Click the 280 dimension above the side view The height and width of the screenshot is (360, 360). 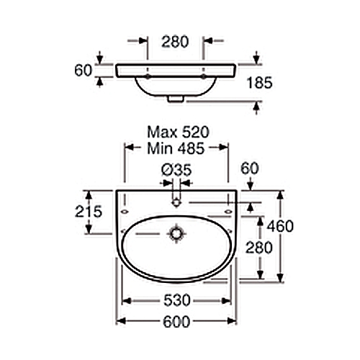(x=175, y=42)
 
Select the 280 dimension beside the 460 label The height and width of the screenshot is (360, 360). (x=259, y=248)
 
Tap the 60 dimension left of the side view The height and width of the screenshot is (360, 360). (x=84, y=71)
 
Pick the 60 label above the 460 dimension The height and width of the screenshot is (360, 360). (x=250, y=168)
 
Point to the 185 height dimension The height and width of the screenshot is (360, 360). (x=260, y=83)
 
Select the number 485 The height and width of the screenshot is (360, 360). (x=191, y=148)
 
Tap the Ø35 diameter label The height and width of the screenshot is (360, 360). (x=176, y=170)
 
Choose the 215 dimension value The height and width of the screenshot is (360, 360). (x=89, y=212)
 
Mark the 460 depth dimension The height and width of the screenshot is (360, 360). (x=280, y=226)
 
